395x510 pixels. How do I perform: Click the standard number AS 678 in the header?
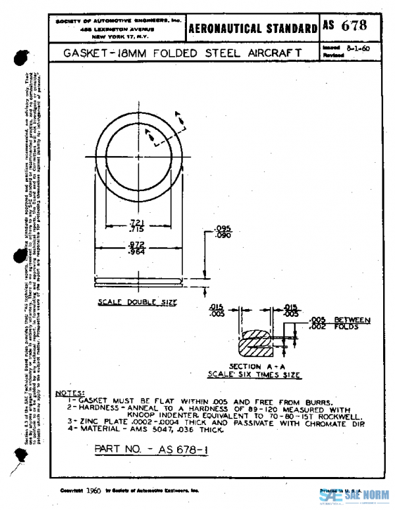[x=344, y=26]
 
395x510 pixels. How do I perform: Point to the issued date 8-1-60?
[x=355, y=48]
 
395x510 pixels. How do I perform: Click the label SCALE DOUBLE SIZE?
[x=138, y=302]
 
